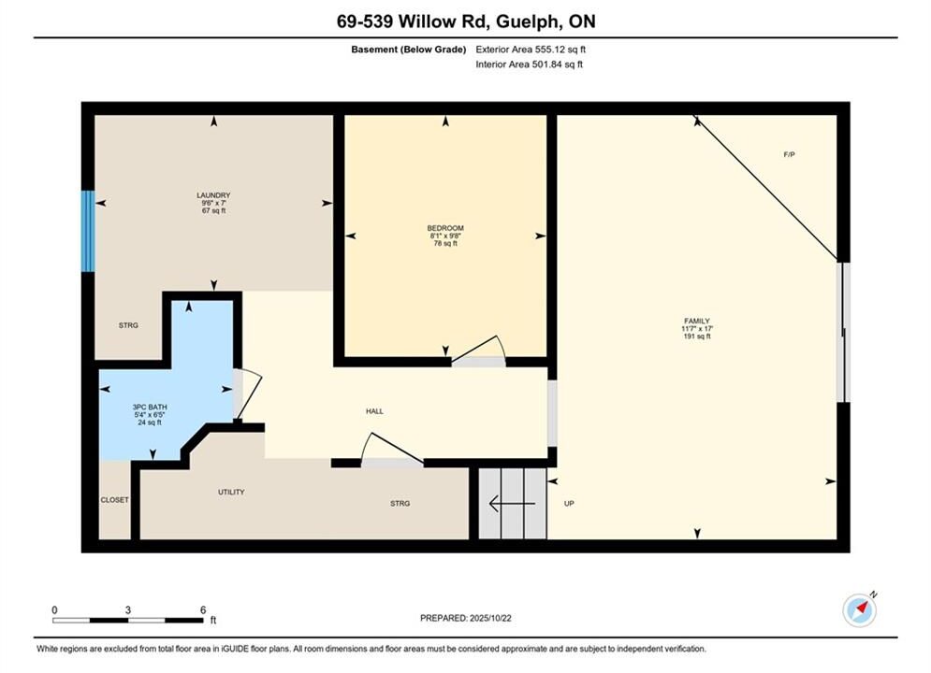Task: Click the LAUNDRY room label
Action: click(x=213, y=195)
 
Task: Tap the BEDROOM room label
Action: click(x=445, y=228)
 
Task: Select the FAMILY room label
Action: click(x=697, y=321)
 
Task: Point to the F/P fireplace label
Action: click(x=789, y=155)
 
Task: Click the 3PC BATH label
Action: click(x=150, y=408)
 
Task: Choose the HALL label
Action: click(x=374, y=411)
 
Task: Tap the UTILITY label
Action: click(x=231, y=493)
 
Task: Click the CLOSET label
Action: click(x=114, y=500)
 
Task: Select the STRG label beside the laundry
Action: click(x=128, y=325)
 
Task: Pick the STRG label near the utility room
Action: click(x=400, y=504)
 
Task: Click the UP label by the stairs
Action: click(x=569, y=504)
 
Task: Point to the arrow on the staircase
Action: click(x=512, y=504)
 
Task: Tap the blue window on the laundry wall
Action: click(x=88, y=231)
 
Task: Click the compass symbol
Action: click(x=860, y=609)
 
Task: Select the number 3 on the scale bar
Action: click(x=127, y=610)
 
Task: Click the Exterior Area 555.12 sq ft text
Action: click(x=531, y=50)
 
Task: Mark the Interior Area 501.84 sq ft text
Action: click(x=529, y=64)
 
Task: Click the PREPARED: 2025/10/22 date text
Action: click(x=466, y=618)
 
